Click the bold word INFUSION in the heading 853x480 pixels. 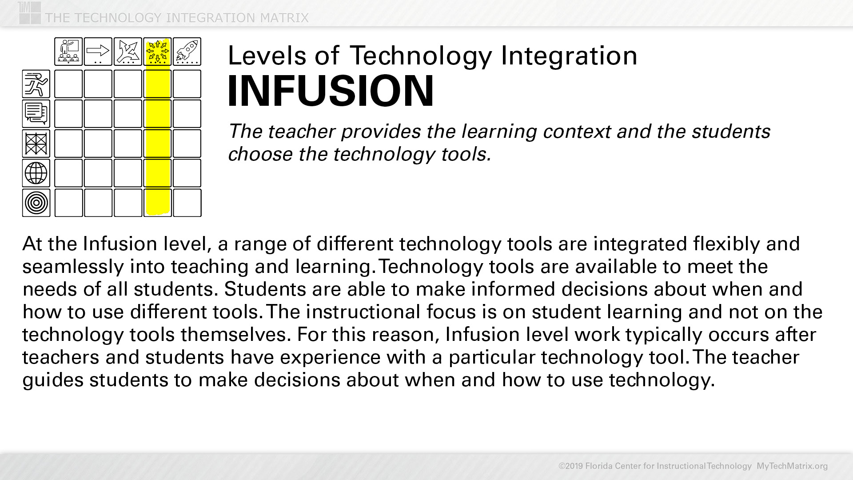tap(330, 91)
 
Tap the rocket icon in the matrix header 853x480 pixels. tap(187, 52)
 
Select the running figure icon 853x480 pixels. tap(36, 84)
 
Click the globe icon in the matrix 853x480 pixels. tap(36, 173)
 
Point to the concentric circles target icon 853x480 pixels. tap(36, 203)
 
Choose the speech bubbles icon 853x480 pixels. tap(36, 114)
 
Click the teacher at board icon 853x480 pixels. tap(68, 52)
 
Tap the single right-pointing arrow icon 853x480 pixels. tap(98, 52)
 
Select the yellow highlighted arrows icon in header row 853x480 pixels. tap(158, 52)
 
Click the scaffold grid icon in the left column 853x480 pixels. tap(36, 144)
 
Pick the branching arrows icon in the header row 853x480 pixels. tap(128, 52)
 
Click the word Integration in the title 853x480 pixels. tap(569, 56)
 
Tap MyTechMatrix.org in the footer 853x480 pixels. tap(792, 466)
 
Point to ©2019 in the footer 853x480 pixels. tap(570, 466)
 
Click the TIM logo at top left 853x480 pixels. tap(30, 12)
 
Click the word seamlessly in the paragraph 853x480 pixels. tap(73, 267)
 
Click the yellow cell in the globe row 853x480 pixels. tap(158, 173)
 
